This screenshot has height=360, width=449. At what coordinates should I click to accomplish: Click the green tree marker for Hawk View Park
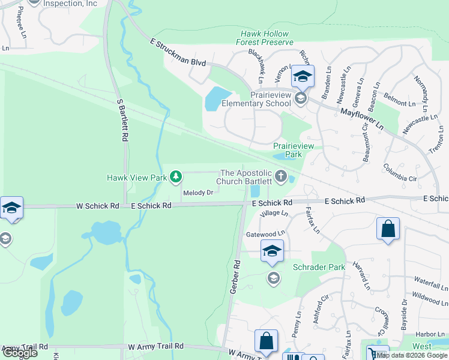pyautogui.click(x=176, y=177)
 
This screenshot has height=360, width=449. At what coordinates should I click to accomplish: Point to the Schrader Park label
pyautogui.click(x=318, y=267)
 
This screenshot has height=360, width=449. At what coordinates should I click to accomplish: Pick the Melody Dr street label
pyautogui.click(x=198, y=193)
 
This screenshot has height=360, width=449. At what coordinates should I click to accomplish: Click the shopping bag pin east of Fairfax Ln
pyautogui.click(x=388, y=230)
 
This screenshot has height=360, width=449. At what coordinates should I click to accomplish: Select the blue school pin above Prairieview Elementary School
pyautogui.click(x=303, y=77)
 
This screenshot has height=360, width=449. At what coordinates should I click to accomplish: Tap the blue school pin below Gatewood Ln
pyautogui.click(x=271, y=251)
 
